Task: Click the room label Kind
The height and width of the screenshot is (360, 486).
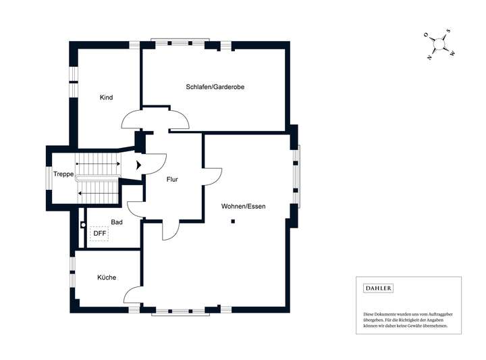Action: click(x=106, y=98)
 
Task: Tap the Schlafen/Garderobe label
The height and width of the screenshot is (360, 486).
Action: click(x=215, y=87)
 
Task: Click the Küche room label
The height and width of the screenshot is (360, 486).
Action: click(x=106, y=278)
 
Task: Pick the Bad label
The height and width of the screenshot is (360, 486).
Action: click(x=116, y=222)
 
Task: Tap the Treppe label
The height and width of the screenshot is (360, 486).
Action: click(x=65, y=174)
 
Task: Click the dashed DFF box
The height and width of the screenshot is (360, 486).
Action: click(x=99, y=234)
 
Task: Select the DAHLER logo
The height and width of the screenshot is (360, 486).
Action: click(x=378, y=288)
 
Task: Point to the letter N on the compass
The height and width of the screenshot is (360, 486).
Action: click(x=429, y=57)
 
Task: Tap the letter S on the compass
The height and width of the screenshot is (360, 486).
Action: click(x=448, y=31)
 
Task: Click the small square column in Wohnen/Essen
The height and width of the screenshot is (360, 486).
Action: click(x=232, y=222)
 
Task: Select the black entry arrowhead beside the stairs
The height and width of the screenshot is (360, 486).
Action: click(x=138, y=164)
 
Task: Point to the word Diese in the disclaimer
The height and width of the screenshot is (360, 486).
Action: click(x=369, y=315)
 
